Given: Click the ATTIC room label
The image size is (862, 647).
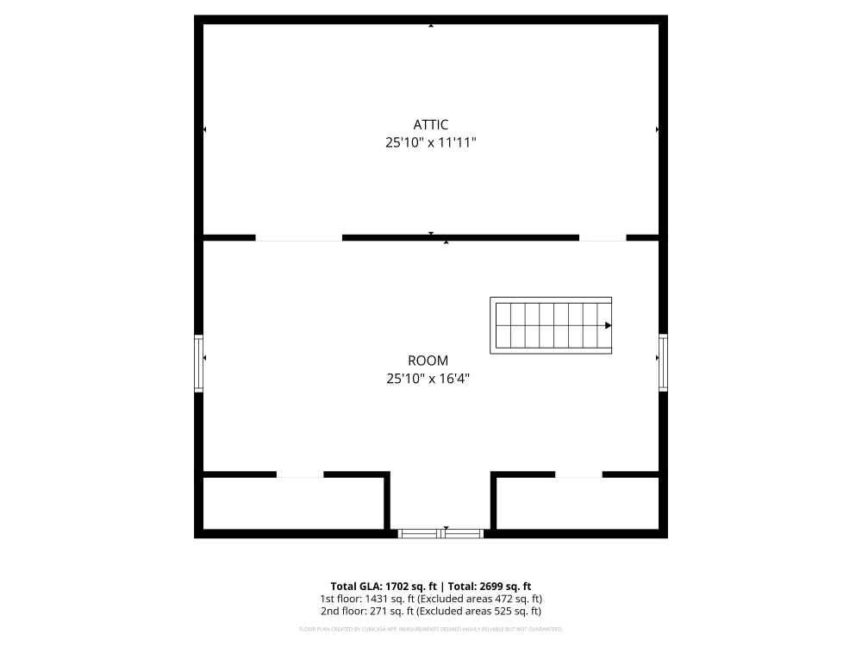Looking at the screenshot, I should point(431,125).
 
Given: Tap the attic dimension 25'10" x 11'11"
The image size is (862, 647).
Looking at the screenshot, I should point(431,143).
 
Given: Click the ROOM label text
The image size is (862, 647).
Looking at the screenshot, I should point(428,361).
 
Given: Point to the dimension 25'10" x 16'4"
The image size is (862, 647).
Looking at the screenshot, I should point(428,379).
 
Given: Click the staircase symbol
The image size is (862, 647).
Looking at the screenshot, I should point(551,325).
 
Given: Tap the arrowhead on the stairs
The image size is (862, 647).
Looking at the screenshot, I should point(608,325).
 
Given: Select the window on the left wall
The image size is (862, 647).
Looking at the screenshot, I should point(199,363).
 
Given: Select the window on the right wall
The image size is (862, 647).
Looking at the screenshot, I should point(663,362).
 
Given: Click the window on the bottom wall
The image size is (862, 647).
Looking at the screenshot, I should point(440,533).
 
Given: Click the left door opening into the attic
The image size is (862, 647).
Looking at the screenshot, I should point(299,237).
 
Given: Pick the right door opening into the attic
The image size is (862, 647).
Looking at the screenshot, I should point(603,237).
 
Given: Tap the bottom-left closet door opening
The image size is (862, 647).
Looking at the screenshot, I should point(300,474).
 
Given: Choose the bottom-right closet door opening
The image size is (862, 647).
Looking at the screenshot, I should point(578,474).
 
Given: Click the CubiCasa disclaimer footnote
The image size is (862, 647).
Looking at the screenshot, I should point(431,629).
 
